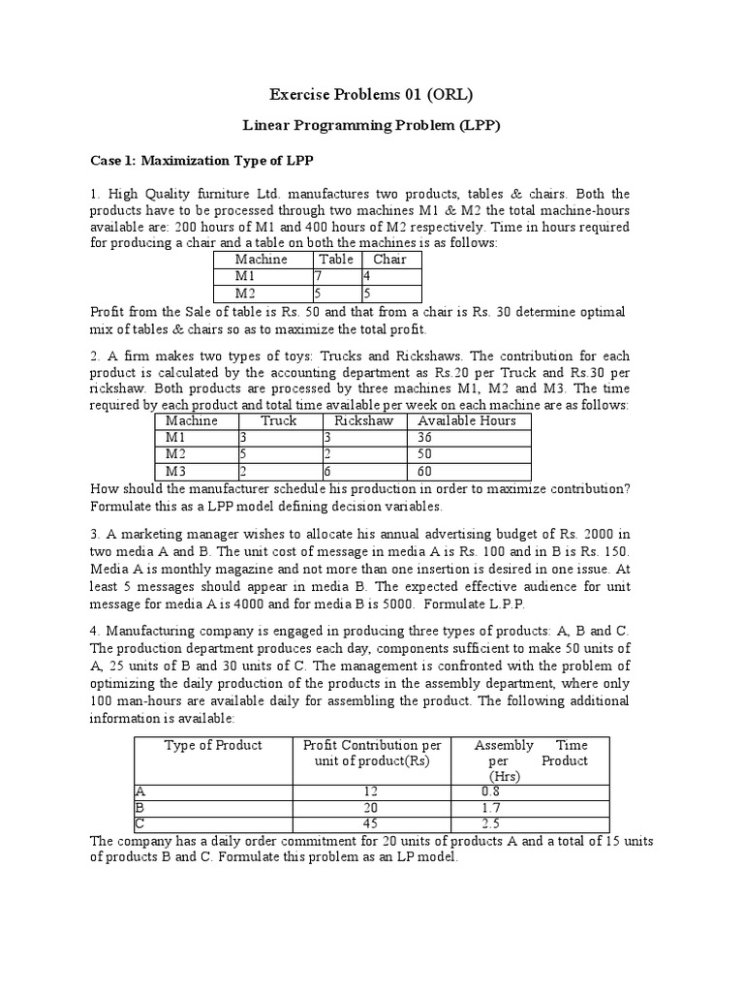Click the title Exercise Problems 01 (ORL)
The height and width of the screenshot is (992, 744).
(x=370, y=94)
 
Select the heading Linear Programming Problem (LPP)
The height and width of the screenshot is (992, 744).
(x=370, y=127)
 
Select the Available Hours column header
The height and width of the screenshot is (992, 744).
(x=467, y=421)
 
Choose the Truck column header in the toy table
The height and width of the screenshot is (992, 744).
(x=279, y=421)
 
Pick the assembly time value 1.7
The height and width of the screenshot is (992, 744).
(x=491, y=808)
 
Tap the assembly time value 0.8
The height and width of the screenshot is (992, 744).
(x=491, y=790)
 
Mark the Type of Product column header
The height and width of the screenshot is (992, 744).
(x=213, y=745)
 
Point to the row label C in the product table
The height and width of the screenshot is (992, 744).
(x=139, y=824)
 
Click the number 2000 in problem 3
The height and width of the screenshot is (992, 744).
(x=596, y=534)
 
